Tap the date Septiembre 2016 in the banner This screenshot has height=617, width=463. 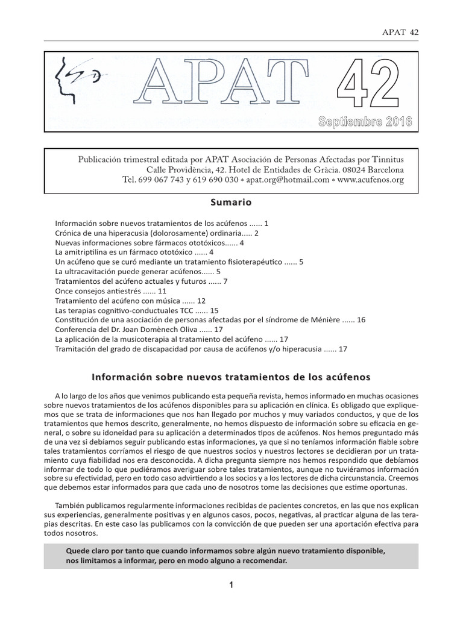365,122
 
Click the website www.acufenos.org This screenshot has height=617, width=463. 371,180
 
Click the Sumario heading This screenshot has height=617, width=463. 231,202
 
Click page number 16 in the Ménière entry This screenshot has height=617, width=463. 361,319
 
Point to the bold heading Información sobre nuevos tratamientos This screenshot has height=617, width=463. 231,376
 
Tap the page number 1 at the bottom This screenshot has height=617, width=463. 231,584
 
